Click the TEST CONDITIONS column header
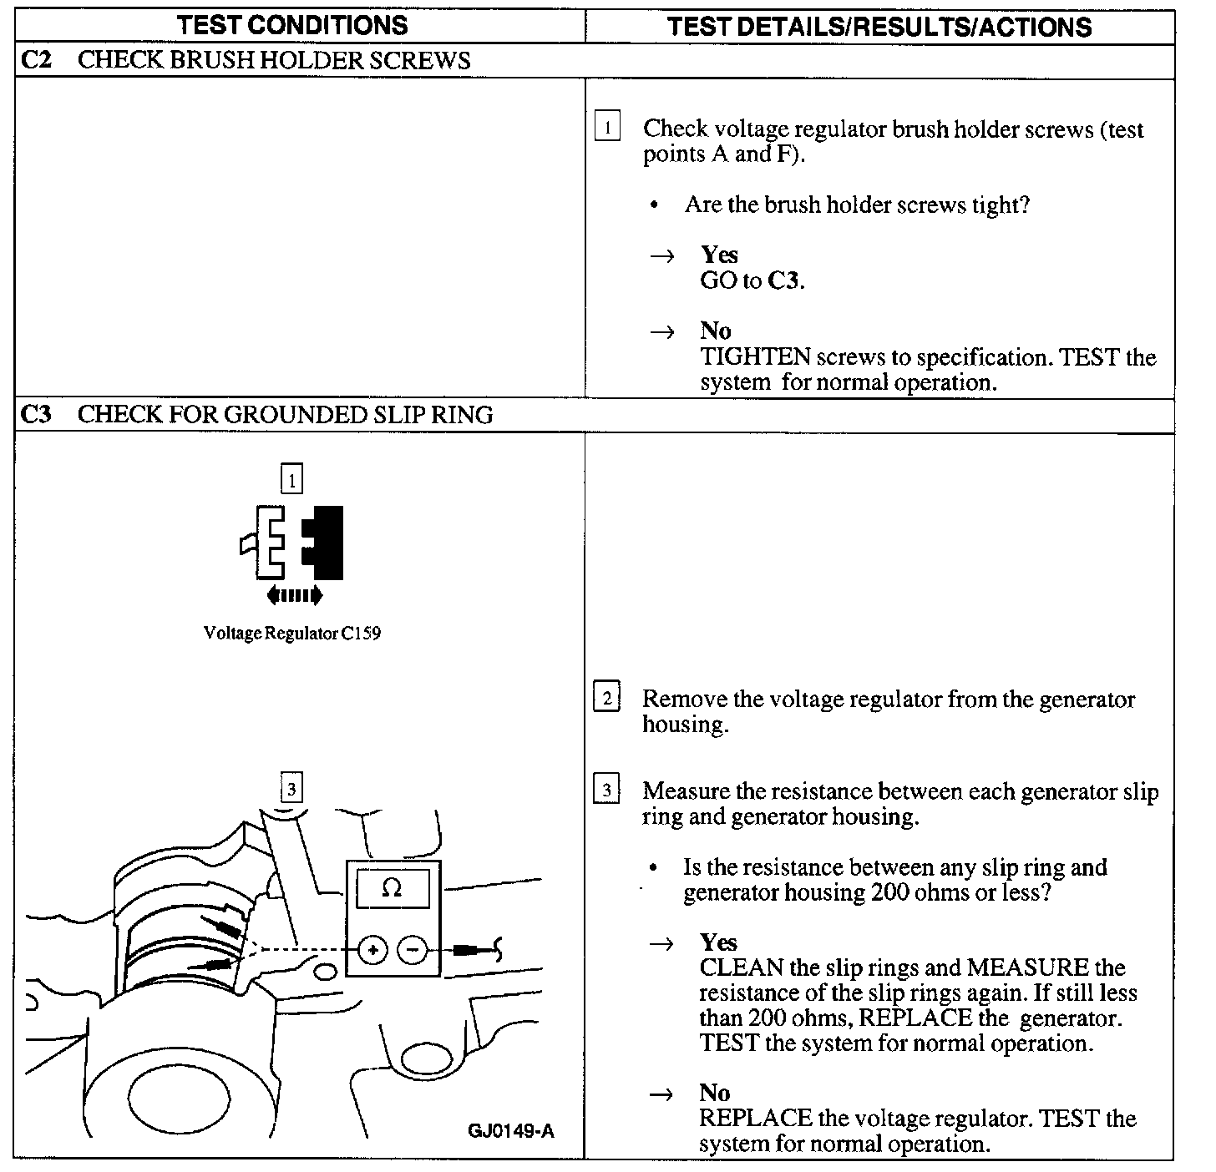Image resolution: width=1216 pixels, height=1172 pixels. coord(292,25)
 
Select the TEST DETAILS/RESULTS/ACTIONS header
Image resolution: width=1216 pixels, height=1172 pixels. coord(879,27)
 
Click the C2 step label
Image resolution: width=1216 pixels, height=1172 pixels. coord(36,60)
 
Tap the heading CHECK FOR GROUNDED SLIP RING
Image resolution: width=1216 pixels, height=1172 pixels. coord(285,415)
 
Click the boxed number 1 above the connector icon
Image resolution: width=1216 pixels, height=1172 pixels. coord(291,480)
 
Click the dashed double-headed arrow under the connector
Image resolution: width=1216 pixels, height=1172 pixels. coord(294,595)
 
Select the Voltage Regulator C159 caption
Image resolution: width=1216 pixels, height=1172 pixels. coord(292,634)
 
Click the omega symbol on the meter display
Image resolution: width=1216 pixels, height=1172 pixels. coord(392,889)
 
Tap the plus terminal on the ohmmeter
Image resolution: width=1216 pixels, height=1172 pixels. coord(373,949)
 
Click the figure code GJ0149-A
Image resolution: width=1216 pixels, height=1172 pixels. coord(511,1132)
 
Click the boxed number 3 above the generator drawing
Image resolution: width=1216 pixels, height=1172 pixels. coord(291,789)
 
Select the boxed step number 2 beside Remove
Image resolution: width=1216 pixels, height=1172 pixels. coord(606,698)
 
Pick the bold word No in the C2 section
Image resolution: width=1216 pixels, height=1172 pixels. coord(716,331)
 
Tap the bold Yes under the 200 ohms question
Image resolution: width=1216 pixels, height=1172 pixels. coord(718,942)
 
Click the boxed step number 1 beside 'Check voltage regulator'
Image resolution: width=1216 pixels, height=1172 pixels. coord(607,128)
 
